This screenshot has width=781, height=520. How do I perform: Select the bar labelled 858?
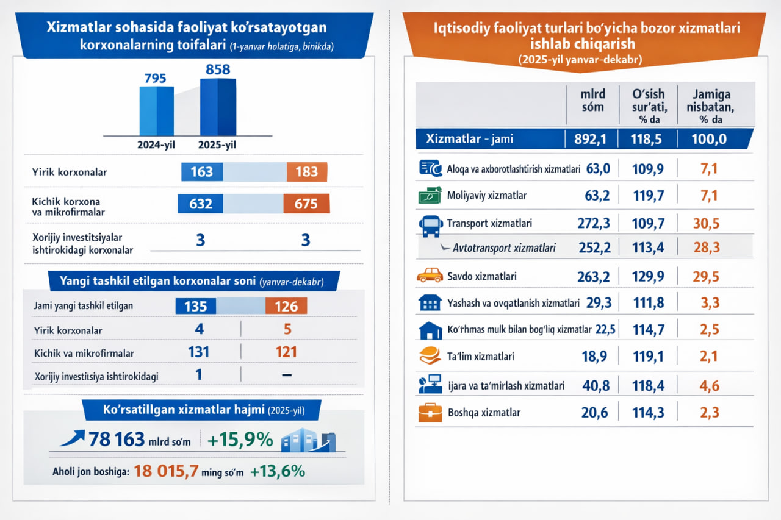click(x=218, y=106)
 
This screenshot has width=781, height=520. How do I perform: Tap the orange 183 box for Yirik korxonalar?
click(x=307, y=172)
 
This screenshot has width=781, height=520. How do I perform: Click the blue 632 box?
click(x=200, y=204)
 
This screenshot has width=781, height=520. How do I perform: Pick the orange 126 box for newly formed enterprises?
click(x=286, y=305)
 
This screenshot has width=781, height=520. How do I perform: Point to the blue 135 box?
click(x=196, y=305)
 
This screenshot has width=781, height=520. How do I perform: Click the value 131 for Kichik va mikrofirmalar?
click(x=199, y=352)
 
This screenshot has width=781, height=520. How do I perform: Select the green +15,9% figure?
click(x=240, y=439)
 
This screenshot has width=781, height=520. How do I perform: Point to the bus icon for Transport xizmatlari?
click(x=430, y=224)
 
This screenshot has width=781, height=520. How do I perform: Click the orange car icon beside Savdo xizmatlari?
click(x=430, y=276)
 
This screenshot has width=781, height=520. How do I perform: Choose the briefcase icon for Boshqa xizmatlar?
click(x=430, y=413)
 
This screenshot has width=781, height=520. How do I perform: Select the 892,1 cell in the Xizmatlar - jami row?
click(x=590, y=139)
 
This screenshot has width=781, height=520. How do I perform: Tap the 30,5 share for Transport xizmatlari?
click(x=706, y=223)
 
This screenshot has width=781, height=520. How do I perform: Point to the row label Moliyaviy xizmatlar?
click(x=486, y=196)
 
